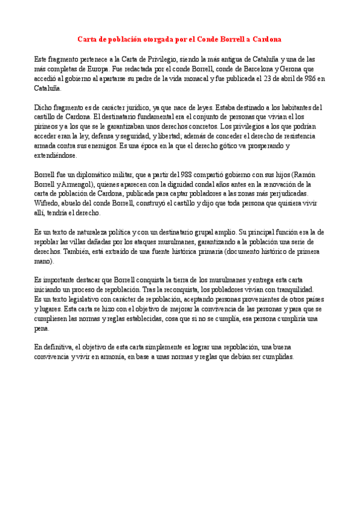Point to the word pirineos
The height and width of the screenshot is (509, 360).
(47, 127)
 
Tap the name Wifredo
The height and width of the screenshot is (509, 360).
(47, 203)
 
